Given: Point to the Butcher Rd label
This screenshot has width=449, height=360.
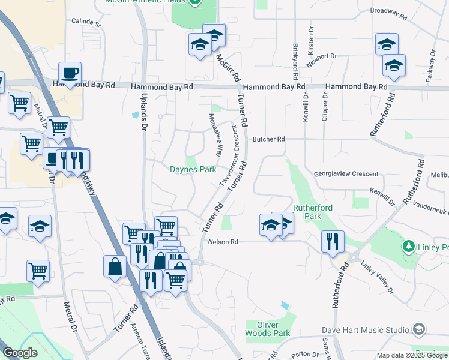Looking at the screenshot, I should pyautogui.click(x=268, y=139).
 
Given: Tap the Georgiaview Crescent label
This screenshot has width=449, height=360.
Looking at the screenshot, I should pyautogui.click(x=346, y=174).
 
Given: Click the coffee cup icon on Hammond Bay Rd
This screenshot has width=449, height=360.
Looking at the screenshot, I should pyautogui.click(x=70, y=73).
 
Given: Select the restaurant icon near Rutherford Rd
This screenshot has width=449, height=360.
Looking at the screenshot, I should pyautogui.click(x=333, y=242).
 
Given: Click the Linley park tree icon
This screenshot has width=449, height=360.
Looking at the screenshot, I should pyautogui.click(x=409, y=247).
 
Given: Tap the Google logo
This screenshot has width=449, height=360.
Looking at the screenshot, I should pyautogui.click(x=20, y=353).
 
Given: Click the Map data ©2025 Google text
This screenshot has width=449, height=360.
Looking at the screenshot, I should pyautogui.click(x=411, y=355).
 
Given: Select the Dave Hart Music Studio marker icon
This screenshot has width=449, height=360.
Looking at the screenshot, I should pyautogui.click(x=419, y=329).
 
